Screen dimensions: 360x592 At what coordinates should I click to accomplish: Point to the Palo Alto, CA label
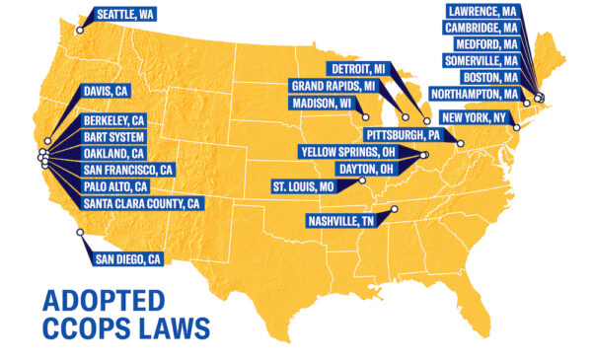(115, 186)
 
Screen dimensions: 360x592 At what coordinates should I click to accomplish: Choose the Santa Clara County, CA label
(143, 203)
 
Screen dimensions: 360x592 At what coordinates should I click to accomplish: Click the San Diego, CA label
(128, 259)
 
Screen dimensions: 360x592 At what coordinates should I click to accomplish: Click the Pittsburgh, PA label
(402, 133)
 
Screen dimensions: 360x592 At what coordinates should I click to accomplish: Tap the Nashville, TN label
(341, 220)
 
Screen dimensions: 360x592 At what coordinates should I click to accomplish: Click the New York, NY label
(478, 117)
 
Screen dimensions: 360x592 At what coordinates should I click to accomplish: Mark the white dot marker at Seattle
(78, 30)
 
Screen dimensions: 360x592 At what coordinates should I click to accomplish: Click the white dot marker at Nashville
(394, 209)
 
